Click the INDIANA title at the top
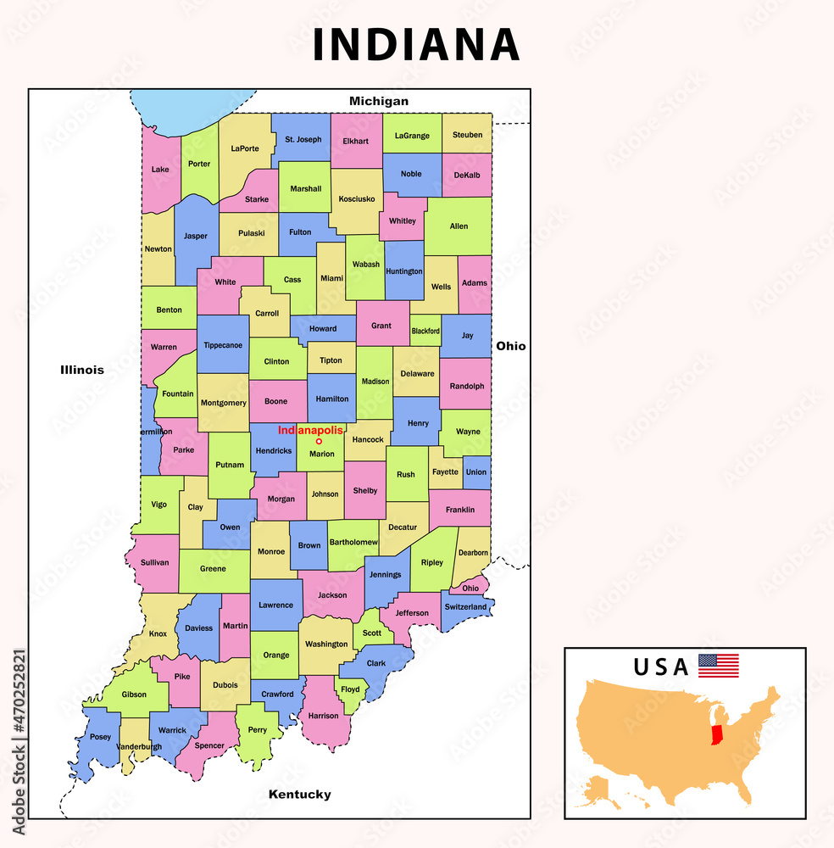click(415, 45)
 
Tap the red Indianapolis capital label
click(314, 431)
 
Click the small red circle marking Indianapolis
click(319, 441)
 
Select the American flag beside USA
click(718, 666)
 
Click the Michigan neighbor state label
click(379, 101)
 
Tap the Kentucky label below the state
click(299, 795)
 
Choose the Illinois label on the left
click(82, 370)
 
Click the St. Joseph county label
click(303, 139)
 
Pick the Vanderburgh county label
click(139, 746)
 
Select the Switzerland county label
click(466, 607)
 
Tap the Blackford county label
click(425, 331)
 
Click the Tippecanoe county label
click(223, 345)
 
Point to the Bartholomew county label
click(353, 542)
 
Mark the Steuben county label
click(467, 135)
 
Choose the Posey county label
click(100, 737)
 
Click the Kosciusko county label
click(356, 198)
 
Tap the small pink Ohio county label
click(470, 588)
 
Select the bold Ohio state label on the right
click(511, 346)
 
